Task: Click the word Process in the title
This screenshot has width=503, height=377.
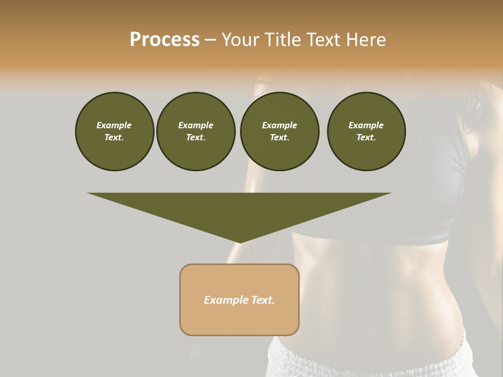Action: (165, 40)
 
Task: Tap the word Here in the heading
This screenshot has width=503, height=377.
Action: (365, 40)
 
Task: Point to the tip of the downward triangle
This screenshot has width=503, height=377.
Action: (239, 242)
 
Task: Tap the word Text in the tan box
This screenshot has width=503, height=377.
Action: (264, 300)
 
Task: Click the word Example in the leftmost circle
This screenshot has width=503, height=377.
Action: (114, 125)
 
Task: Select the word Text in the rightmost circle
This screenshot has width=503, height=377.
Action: (366, 137)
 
